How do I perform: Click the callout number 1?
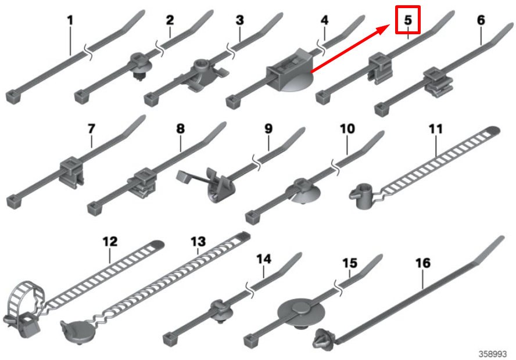tap(70, 20)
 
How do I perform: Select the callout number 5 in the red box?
tap(408, 20)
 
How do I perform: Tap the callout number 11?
tap(436, 128)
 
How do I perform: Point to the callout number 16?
tap(423, 263)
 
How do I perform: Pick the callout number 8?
tap(180, 128)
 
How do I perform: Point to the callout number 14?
tap(264, 257)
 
